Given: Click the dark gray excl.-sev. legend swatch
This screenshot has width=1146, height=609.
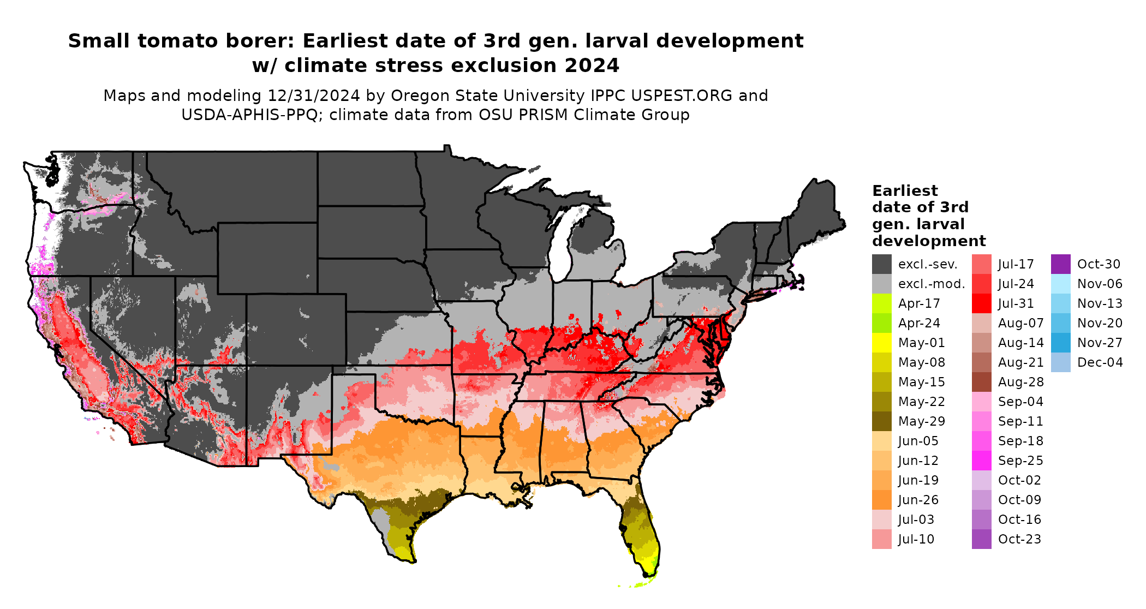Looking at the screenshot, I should pyautogui.click(x=881, y=264).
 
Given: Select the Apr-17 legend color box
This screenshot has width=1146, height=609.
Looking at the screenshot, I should pyautogui.click(x=881, y=303).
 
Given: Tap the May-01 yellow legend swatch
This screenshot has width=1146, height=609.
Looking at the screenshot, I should pyautogui.click(x=881, y=343).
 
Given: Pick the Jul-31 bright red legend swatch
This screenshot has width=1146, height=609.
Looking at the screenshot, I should pyautogui.click(x=981, y=303).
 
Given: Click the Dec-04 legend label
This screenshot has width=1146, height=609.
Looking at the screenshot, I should pyautogui.click(x=1100, y=362).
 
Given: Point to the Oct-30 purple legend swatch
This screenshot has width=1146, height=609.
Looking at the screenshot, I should pyautogui.click(x=1060, y=264).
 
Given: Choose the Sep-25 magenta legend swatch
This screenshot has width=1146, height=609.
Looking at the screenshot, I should pyautogui.click(x=981, y=461).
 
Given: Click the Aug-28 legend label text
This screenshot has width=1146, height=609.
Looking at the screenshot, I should pyautogui.click(x=1020, y=382).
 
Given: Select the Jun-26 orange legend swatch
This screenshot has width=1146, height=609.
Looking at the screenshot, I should pyautogui.click(x=881, y=500).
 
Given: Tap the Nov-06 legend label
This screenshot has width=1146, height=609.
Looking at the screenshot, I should pyautogui.click(x=1100, y=284).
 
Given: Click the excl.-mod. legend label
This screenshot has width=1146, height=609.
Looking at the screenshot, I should pyautogui.click(x=932, y=284).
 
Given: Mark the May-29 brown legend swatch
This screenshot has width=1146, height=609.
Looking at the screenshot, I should pyautogui.click(x=881, y=421).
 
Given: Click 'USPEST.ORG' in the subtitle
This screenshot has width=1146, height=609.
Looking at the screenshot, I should pyautogui.click(x=682, y=95).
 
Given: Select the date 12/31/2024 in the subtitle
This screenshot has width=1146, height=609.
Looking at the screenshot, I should pyautogui.click(x=313, y=95).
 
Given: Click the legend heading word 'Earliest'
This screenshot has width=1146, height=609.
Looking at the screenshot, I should pyautogui.click(x=905, y=191).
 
